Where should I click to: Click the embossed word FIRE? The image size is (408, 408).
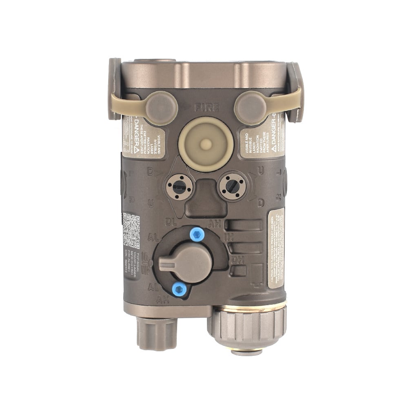(207, 108)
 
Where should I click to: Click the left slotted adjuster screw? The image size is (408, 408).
(180, 187)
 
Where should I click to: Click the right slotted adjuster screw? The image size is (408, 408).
(233, 187)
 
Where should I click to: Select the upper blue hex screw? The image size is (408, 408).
(197, 234)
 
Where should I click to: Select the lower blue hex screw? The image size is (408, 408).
(179, 289)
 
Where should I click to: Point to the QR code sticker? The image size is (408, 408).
(131, 230)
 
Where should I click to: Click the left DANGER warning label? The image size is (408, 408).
(143, 137)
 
